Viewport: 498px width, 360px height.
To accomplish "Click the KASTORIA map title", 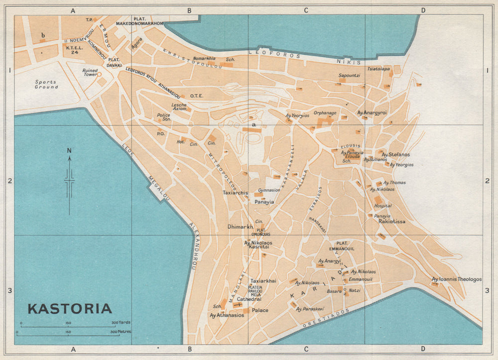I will pos(69,309).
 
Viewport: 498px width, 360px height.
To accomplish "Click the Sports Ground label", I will pos(46,84).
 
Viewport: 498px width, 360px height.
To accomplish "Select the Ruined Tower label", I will pos(90,72).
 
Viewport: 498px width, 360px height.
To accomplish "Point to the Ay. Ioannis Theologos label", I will pos(457,279).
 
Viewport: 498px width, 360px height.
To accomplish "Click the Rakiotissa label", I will pos(392,221).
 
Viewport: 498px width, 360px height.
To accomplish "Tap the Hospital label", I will pos(382,206).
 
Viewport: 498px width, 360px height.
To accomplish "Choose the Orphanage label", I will pos(325,113).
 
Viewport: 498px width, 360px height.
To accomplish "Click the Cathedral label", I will pos(249,299).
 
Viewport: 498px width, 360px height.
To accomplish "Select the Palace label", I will pos(260,310).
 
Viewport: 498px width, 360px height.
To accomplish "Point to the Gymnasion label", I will pos(269,190).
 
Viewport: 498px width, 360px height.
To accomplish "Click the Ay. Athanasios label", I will pos(227,315).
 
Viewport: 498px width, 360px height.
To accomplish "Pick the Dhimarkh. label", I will pos(240,226).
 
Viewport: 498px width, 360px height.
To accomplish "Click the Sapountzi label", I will pos(349,75).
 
